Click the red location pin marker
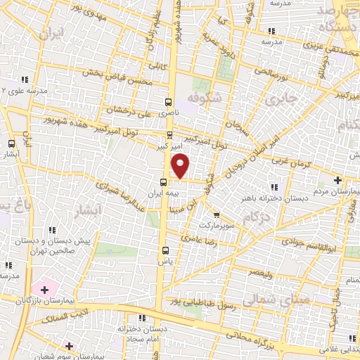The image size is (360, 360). [181, 165]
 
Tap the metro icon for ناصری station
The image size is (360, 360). [169, 101]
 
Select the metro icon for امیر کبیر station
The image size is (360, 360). [169, 136]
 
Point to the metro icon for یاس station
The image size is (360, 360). [165, 250]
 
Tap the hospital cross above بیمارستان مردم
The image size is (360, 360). [338, 181]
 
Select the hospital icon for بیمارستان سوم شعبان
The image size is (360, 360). [68, 345]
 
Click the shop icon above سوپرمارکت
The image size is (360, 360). [216, 215]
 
